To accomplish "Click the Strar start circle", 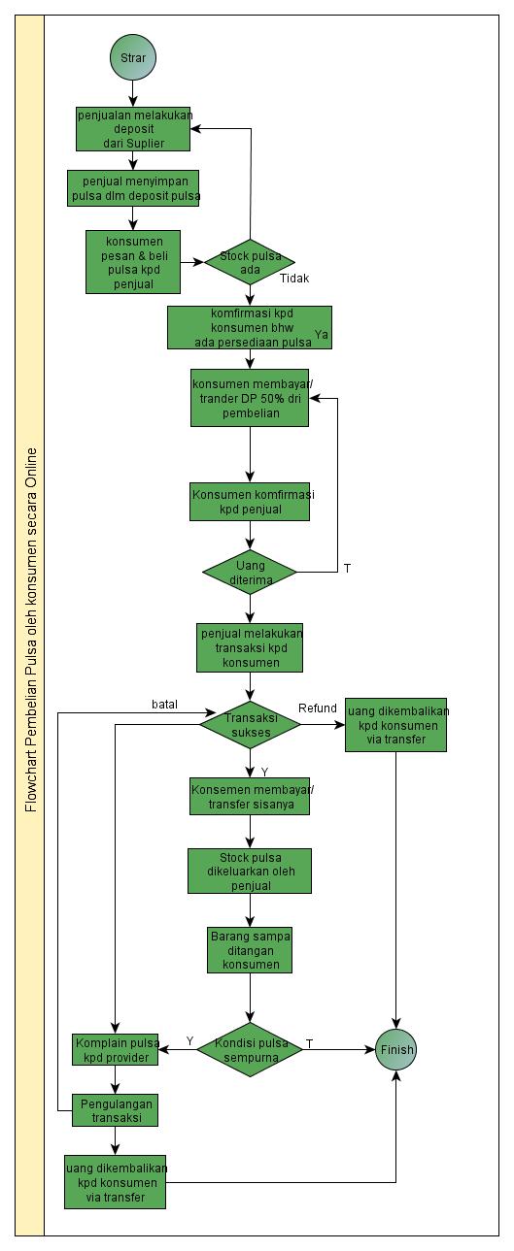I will coord(133,58).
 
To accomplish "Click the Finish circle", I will coord(396,1049).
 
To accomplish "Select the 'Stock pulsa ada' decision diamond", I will coord(250,262).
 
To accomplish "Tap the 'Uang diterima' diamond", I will coord(250,572).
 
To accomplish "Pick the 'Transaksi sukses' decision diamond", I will coord(250,724).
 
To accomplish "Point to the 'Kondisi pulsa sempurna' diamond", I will coord(250,1049).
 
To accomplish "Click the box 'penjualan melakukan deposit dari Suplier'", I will coord(133,129).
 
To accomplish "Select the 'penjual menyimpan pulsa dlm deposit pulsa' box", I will coord(133,188).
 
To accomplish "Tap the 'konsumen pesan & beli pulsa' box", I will coord(133,261).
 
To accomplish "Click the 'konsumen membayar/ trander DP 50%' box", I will coord(250,397).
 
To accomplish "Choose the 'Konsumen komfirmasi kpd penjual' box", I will coord(250,502).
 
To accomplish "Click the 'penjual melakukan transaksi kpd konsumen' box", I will coord(250,647).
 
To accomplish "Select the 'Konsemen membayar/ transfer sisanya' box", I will coord(250,797).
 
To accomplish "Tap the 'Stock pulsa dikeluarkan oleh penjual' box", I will coord(250,871).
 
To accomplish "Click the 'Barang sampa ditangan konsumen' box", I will coord(250,950).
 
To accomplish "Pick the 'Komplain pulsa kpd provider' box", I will coord(116,1049).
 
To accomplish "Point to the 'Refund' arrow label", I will coord(317,707).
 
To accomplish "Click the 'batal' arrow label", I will coord(164,704).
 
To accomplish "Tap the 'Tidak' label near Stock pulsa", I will coord(294,279).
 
